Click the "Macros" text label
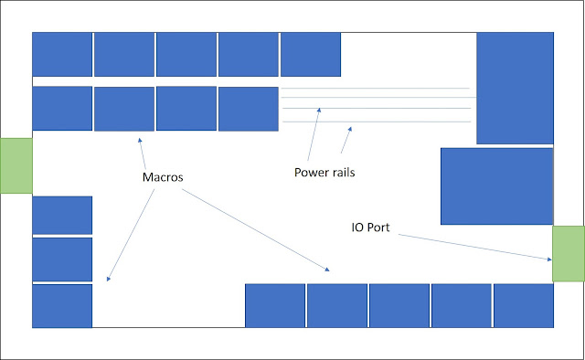click(161, 175)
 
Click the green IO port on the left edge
click(16, 164)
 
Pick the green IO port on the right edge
click(568, 254)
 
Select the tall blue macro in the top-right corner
click(515, 88)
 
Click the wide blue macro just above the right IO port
click(496, 185)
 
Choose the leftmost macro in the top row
click(62, 55)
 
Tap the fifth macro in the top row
click(310, 55)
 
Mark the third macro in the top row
click(186, 55)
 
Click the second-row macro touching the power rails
click(248, 109)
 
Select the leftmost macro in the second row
click(62, 109)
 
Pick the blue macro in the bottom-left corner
click(62, 305)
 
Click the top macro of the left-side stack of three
click(62, 215)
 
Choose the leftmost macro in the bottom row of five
click(274, 305)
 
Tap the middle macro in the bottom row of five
click(399, 305)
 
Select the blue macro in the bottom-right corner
click(523, 305)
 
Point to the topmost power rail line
click(375, 89)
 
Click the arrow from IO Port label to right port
click(475, 245)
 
